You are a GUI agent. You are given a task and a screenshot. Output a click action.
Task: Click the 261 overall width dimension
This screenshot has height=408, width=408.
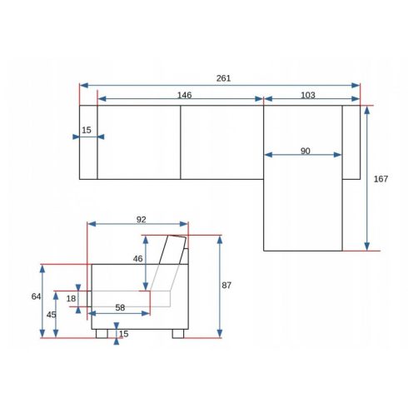(223, 78)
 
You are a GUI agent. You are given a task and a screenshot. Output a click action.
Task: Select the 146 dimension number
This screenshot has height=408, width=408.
(184, 95)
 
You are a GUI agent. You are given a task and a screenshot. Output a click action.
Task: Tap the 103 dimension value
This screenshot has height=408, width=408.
(308, 95)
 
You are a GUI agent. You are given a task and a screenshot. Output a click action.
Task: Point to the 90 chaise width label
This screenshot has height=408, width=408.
(306, 151)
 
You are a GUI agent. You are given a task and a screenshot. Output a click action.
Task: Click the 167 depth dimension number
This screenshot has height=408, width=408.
(381, 179)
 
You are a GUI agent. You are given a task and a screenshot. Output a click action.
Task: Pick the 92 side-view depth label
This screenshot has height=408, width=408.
(141, 220)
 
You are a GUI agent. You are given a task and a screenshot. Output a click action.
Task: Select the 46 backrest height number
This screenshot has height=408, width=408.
(137, 259)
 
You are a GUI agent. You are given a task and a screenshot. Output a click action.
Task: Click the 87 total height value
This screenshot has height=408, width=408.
(226, 286)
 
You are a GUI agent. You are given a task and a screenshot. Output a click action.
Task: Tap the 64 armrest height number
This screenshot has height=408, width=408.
(36, 296)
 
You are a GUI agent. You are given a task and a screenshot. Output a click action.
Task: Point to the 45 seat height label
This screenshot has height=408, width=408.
(51, 315)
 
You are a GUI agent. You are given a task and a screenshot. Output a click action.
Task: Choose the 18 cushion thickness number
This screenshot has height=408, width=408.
(71, 299)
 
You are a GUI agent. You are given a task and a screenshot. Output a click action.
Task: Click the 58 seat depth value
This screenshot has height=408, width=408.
(120, 307)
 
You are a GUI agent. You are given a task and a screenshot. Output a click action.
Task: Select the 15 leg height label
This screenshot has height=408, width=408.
(124, 334)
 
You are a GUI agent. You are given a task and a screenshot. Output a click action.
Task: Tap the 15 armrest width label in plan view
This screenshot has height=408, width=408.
(87, 130)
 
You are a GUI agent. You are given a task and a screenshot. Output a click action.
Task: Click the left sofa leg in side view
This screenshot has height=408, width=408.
(102, 334)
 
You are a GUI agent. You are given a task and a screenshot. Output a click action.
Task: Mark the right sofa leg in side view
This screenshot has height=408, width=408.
(178, 334)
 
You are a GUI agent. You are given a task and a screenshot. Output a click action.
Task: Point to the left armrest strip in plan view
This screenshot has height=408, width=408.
(88, 142)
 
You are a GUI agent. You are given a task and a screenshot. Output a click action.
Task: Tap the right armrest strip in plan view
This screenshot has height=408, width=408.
(351, 142)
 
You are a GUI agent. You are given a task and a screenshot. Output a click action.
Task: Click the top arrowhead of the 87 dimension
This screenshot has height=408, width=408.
(220, 240)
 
